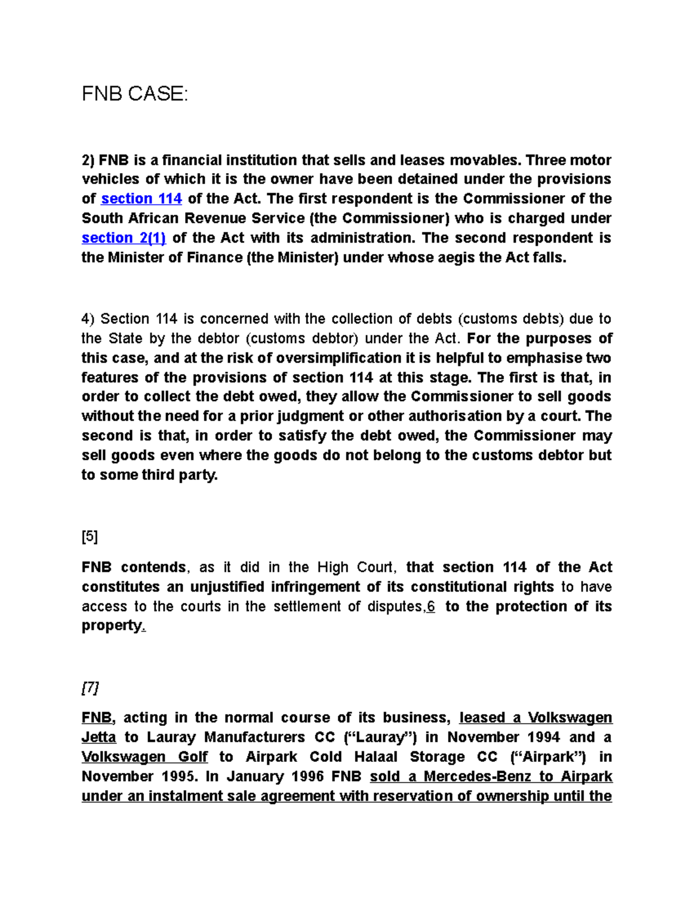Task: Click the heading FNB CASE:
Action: [135, 93]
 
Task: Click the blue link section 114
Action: [141, 199]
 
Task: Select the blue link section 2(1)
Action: [124, 238]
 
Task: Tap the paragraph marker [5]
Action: [90, 537]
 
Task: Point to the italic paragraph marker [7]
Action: [90, 688]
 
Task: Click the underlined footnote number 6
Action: [431, 606]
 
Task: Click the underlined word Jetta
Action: [99, 737]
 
